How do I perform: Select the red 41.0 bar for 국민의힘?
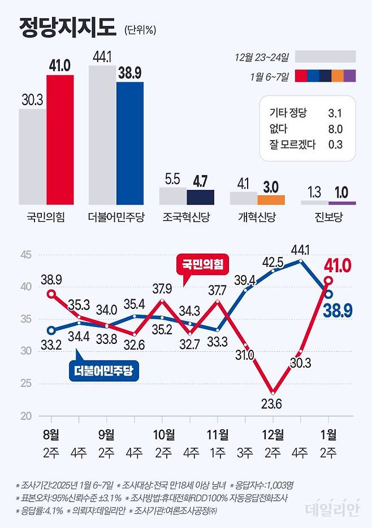[x=60, y=139]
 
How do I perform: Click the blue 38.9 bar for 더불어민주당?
[x=130, y=143]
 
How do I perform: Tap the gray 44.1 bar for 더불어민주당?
[x=102, y=134]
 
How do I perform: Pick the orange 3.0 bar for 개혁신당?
[x=271, y=199]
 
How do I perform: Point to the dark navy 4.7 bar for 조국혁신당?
[x=200, y=197]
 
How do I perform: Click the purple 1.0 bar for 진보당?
[x=342, y=203]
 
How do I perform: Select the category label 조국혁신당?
[x=186, y=217]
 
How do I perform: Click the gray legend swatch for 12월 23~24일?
[x=325, y=56]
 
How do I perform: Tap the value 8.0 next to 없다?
[x=335, y=129]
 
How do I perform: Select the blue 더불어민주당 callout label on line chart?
[x=106, y=370]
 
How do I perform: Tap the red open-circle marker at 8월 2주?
[x=51, y=294]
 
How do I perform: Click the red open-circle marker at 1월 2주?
[x=328, y=281]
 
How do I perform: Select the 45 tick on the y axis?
[x=24, y=255]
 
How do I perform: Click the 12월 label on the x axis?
[x=273, y=434]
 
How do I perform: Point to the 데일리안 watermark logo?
[x=332, y=510]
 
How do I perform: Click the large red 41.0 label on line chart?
[x=338, y=264]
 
